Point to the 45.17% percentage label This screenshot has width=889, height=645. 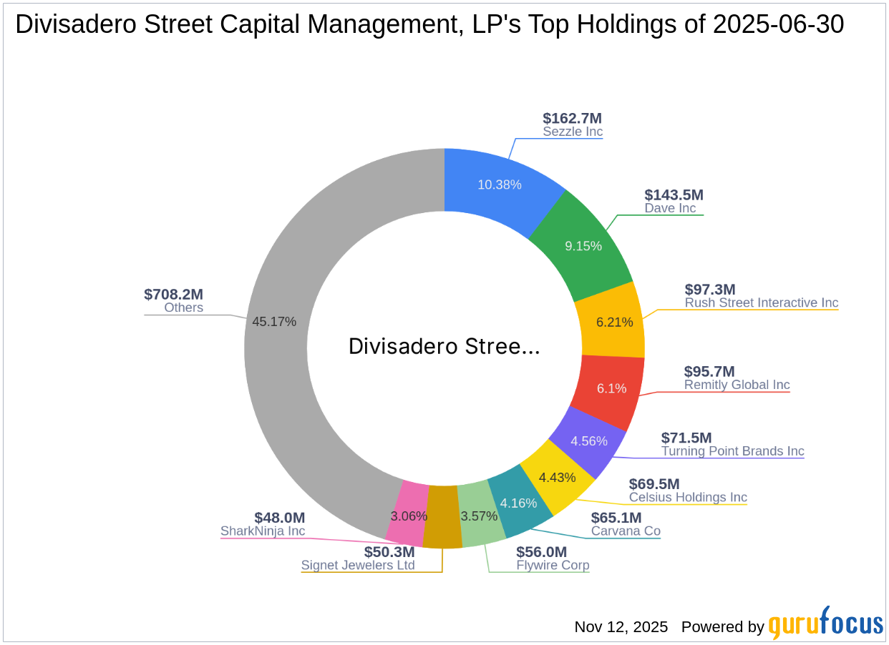point(274,322)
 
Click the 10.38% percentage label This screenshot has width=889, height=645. point(500,184)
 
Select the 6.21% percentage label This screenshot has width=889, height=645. point(614,322)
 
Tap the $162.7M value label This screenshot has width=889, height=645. point(572,118)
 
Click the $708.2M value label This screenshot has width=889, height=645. point(173,295)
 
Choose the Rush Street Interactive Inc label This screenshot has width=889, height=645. point(761,302)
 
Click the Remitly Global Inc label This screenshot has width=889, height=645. point(737,385)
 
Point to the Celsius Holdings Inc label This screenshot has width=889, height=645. point(687,497)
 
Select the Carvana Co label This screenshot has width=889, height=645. point(625,531)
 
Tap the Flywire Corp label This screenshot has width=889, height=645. point(553,566)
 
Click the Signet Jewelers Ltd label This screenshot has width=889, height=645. point(358,566)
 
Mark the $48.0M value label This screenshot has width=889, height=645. point(279,517)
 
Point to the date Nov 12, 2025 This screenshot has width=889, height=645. point(621,627)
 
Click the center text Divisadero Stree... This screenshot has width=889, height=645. point(444,347)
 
